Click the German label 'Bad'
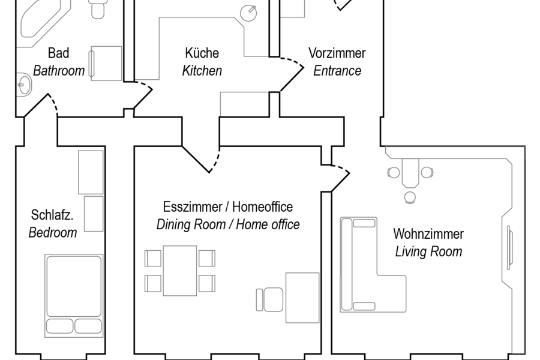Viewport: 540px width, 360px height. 58,53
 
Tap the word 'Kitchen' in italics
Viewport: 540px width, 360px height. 202,71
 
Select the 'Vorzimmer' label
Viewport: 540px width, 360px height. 337,53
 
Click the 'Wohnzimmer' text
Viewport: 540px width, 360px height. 428,233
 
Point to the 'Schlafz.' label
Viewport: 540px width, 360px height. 52,215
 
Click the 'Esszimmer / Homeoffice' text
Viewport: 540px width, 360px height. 228,207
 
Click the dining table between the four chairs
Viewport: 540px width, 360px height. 180,271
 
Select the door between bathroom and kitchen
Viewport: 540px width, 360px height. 144,93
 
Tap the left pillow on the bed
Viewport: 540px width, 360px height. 59,326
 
